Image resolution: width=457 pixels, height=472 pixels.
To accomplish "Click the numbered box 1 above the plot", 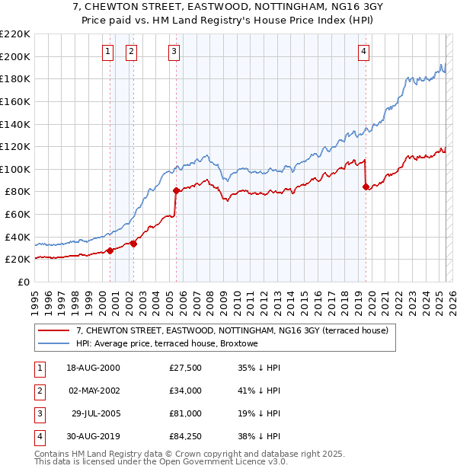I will click(x=107, y=52).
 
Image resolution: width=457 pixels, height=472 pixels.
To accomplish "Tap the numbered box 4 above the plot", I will click(x=364, y=52).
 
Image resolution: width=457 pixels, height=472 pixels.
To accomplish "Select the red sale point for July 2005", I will click(x=176, y=190).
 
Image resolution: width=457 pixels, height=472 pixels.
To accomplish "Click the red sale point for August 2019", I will click(x=366, y=187).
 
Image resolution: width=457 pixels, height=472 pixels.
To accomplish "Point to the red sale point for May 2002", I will click(x=133, y=244).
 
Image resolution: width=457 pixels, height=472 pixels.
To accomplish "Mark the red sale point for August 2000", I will click(x=110, y=250).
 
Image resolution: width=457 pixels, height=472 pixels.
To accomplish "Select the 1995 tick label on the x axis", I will click(x=35, y=298).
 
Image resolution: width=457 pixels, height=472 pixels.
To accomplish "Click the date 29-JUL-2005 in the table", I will click(x=93, y=415).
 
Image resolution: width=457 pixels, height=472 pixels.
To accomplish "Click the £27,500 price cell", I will click(x=186, y=368).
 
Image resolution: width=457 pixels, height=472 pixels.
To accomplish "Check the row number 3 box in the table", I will click(x=37, y=415).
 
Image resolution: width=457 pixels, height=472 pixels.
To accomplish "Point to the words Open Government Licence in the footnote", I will click(x=216, y=462).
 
